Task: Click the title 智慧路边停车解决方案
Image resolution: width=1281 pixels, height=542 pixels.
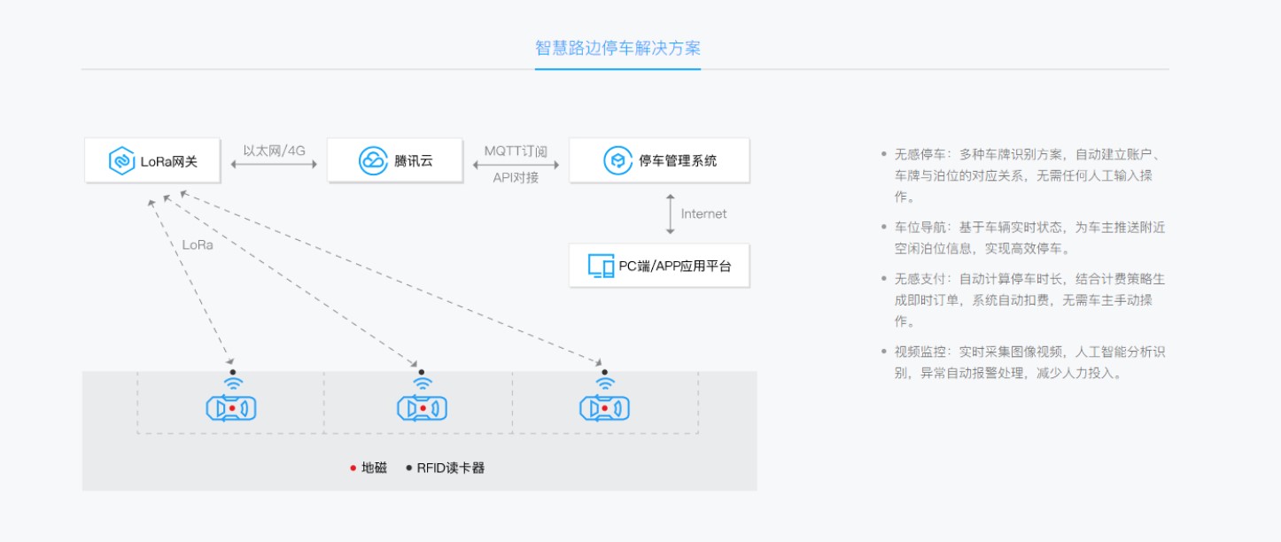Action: tap(617, 48)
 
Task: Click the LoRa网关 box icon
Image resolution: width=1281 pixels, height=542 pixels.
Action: tap(121, 161)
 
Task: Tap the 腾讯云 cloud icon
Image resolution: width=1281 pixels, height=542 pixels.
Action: tap(372, 161)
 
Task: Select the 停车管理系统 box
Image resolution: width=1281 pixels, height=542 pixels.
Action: tap(659, 161)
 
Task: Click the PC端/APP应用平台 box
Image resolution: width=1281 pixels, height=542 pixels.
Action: tap(659, 266)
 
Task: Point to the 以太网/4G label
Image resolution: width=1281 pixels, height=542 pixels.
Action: tap(274, 151)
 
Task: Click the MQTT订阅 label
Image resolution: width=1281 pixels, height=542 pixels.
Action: tap(516, 151)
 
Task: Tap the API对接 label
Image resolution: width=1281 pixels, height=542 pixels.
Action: tap(516, 177)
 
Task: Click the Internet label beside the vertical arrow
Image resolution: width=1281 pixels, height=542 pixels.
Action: tap(703, 213)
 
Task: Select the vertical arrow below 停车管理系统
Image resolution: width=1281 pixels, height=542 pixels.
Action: tap(671, 213)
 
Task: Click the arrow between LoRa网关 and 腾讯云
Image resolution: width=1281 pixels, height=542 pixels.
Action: tap(274, 165)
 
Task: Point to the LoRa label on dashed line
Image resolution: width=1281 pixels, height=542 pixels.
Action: tap(198, 245)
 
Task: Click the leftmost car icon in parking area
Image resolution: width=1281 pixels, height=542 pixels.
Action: tap(231, 408)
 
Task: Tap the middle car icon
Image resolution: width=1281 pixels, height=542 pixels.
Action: tap(422, 408)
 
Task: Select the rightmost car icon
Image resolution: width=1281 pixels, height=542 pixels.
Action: tap(605, 408)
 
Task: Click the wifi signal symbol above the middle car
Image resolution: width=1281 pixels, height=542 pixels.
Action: tap(423, 383)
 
